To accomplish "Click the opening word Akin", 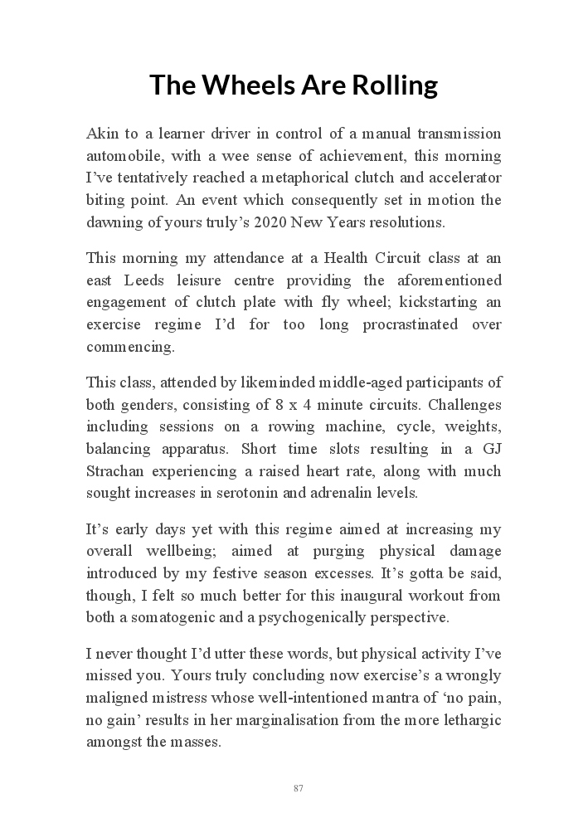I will tap(101, 134).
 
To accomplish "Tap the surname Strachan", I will tap(114, 472).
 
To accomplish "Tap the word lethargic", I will tap(471, 720).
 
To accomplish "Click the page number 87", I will tap(298, 788).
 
